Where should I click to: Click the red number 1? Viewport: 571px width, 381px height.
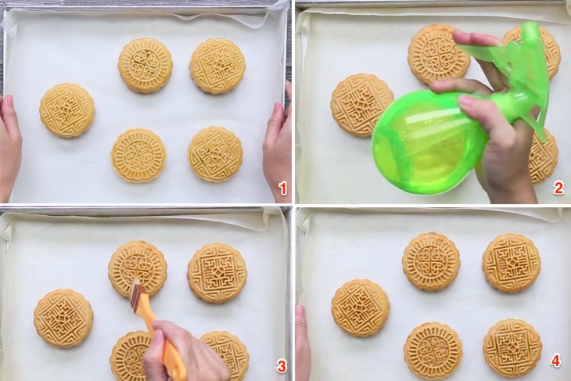pos(282,189)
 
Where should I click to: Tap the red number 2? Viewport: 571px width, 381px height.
pos(558,189)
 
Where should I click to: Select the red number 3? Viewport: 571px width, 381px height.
pos(282,366)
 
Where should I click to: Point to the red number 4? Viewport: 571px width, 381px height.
pos(555,361)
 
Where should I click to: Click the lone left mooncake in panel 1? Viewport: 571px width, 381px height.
pos(67,110)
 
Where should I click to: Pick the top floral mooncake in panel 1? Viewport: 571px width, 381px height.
pos(145,66)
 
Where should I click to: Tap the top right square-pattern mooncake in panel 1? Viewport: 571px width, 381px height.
pos(217,66)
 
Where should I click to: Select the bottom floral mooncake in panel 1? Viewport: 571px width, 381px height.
pos(138,155)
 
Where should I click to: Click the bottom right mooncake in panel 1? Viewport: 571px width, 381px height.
pos(215,154)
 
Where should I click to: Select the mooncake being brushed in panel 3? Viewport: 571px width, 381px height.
pos(138,270)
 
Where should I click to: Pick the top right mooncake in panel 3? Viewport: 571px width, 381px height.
pos(217,274)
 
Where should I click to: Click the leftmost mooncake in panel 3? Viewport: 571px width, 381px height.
pos(63,318)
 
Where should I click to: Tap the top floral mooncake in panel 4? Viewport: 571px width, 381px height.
pos(432,262)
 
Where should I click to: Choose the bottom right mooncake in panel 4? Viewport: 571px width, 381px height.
pos(512,349)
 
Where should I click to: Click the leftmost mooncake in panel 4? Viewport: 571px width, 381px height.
pos(361,308)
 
